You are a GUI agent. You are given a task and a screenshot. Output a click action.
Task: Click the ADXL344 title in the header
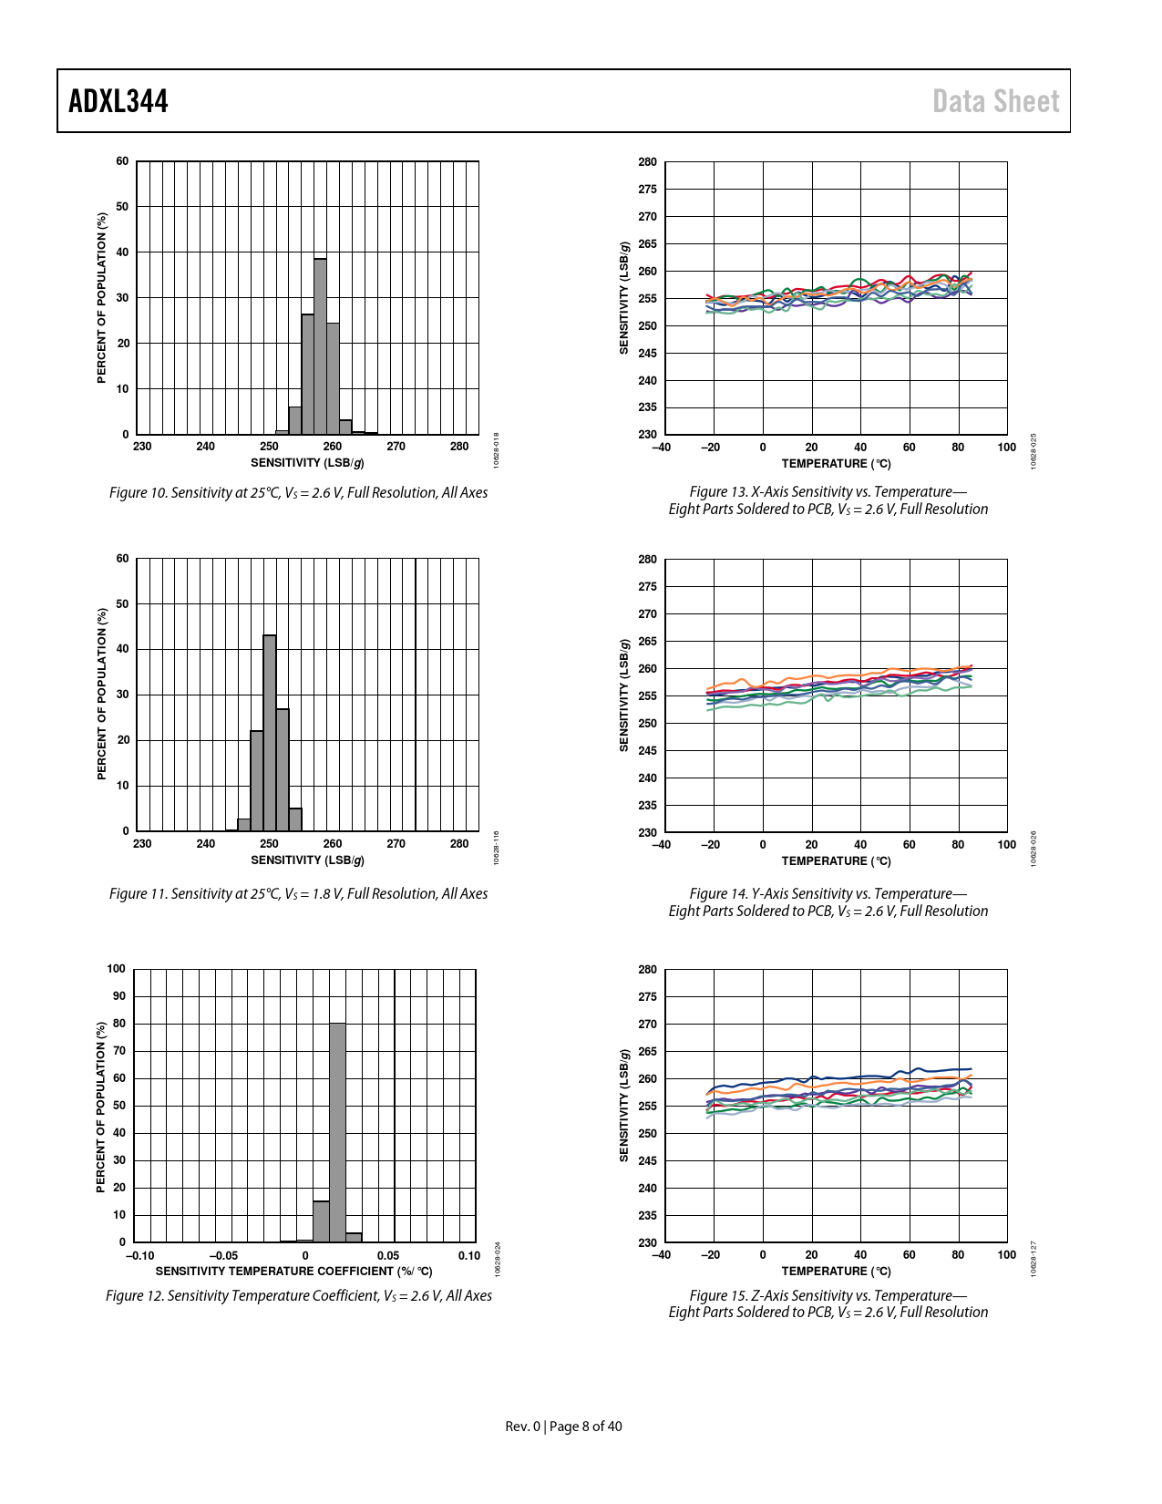click(118, 101)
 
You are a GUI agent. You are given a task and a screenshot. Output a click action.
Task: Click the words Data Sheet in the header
click(995, 101)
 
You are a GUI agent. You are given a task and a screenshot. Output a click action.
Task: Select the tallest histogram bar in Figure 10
click(320, 346)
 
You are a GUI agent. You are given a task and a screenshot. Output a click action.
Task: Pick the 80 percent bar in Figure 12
click(337, 1131)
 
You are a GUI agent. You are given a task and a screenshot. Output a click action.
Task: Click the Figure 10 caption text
click(298, 493)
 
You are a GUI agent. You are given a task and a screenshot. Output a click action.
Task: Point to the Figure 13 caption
click(828, 500)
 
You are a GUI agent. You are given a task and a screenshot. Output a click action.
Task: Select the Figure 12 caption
click(298, 1295)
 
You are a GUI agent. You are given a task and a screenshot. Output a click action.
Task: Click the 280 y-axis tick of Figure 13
click(647, 162)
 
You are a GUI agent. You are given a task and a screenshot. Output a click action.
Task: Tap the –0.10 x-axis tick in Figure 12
click(139, 1256)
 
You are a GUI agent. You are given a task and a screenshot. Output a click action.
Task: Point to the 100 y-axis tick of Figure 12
click(116, 969)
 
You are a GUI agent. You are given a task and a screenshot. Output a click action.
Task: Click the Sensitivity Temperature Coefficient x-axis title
click(293, 1272)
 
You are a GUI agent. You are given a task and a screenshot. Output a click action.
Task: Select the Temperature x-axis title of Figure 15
click(836, 1272)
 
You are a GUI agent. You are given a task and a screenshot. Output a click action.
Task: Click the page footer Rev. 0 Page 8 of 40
click(563, 1427)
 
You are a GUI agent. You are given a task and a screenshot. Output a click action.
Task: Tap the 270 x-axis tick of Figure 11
click(396, 844)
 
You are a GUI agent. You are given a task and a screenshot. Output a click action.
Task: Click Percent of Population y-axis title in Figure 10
click(102, 298)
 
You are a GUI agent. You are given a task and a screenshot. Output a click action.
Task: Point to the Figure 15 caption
click(828, 1303)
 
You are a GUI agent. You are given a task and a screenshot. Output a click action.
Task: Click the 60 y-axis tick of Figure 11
click(122, 559)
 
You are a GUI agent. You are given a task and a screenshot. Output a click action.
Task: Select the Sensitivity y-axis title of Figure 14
click(624, 695)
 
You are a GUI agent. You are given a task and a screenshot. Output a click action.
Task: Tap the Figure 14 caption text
click(828, 902)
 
